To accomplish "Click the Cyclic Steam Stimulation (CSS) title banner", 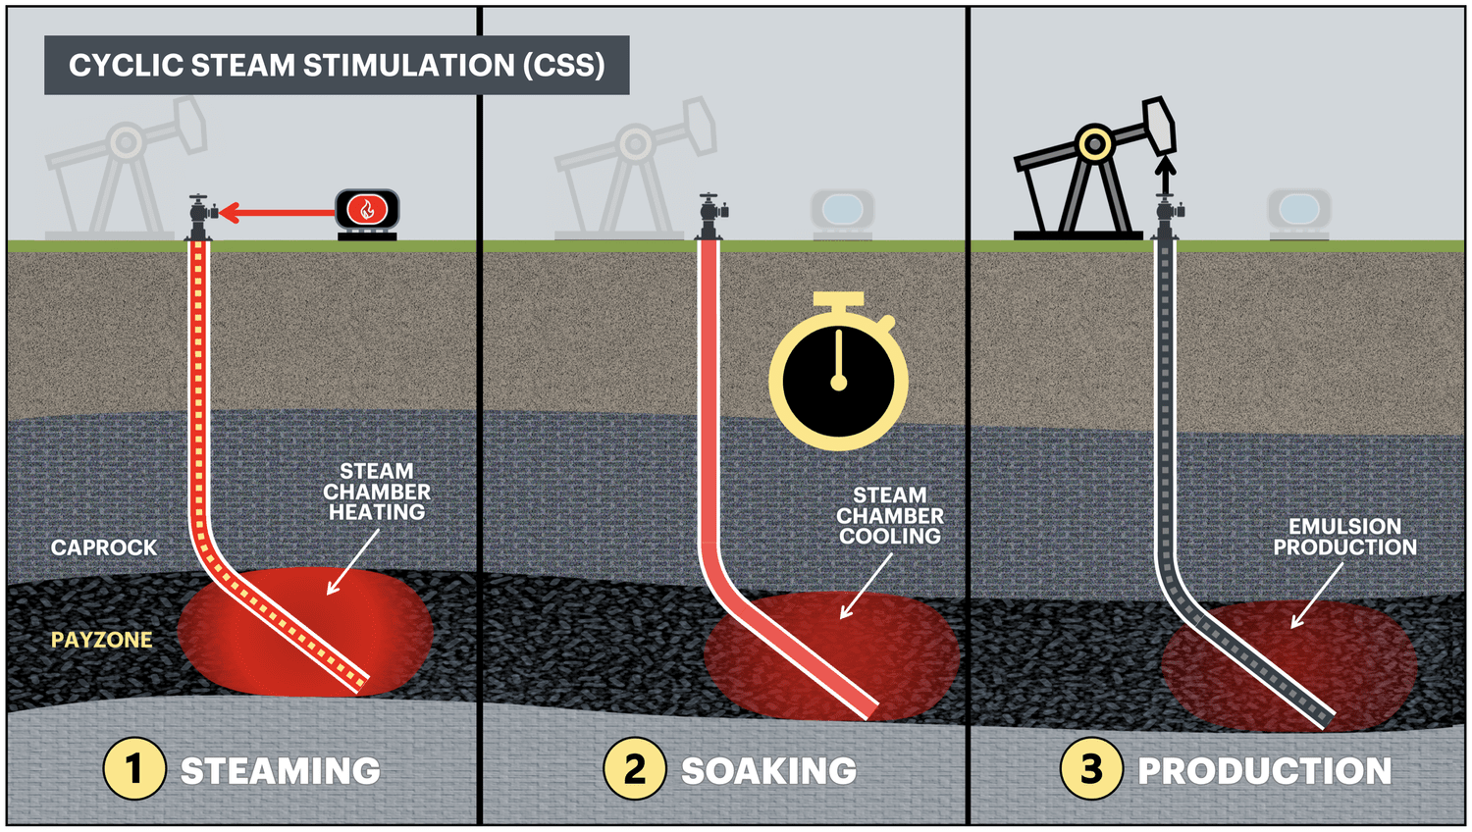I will pyautogui.click(x=337, y=65).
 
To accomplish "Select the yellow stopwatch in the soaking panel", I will pyautogui.click(x=838, y=378).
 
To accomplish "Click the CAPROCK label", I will pyautogui.click(x=104, y=547).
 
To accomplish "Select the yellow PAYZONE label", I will pyautogui.click(x=102, y=640).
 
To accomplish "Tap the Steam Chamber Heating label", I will pyautogui.click(x=377, y=492).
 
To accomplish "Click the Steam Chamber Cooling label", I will pyautogui.click(x=890, y=516).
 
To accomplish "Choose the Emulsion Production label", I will pyautogui.click(x=1344, y=537).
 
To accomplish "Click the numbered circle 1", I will pyautogui.click(x=134, y=768).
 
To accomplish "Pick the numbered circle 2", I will pyautogui.click(x=635, y=768).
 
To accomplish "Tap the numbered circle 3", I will pyautogui.click(x=1091, y=768).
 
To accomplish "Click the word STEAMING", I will pyautogui.click(x=281, y=771).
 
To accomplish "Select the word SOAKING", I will pyautogui.click(x=768, y=771).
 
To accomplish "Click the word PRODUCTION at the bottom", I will pyautogui.click(x=1264, y=771).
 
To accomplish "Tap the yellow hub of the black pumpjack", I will pyautogui.click(x=1094, y=144).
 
